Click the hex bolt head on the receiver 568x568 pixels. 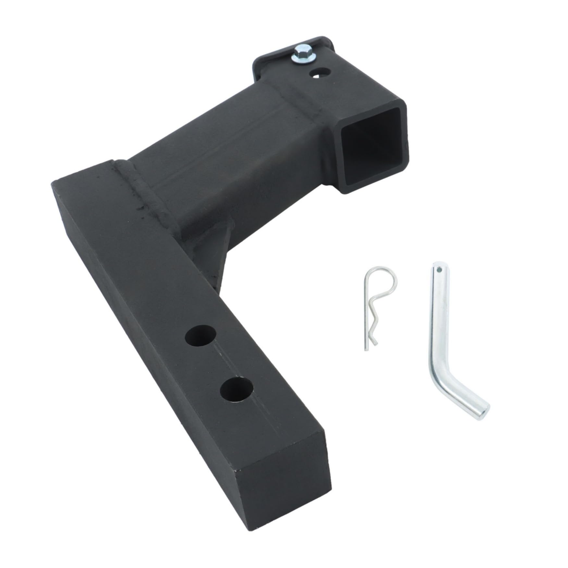click(298, 52)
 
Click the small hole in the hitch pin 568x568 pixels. click(439, 269)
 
